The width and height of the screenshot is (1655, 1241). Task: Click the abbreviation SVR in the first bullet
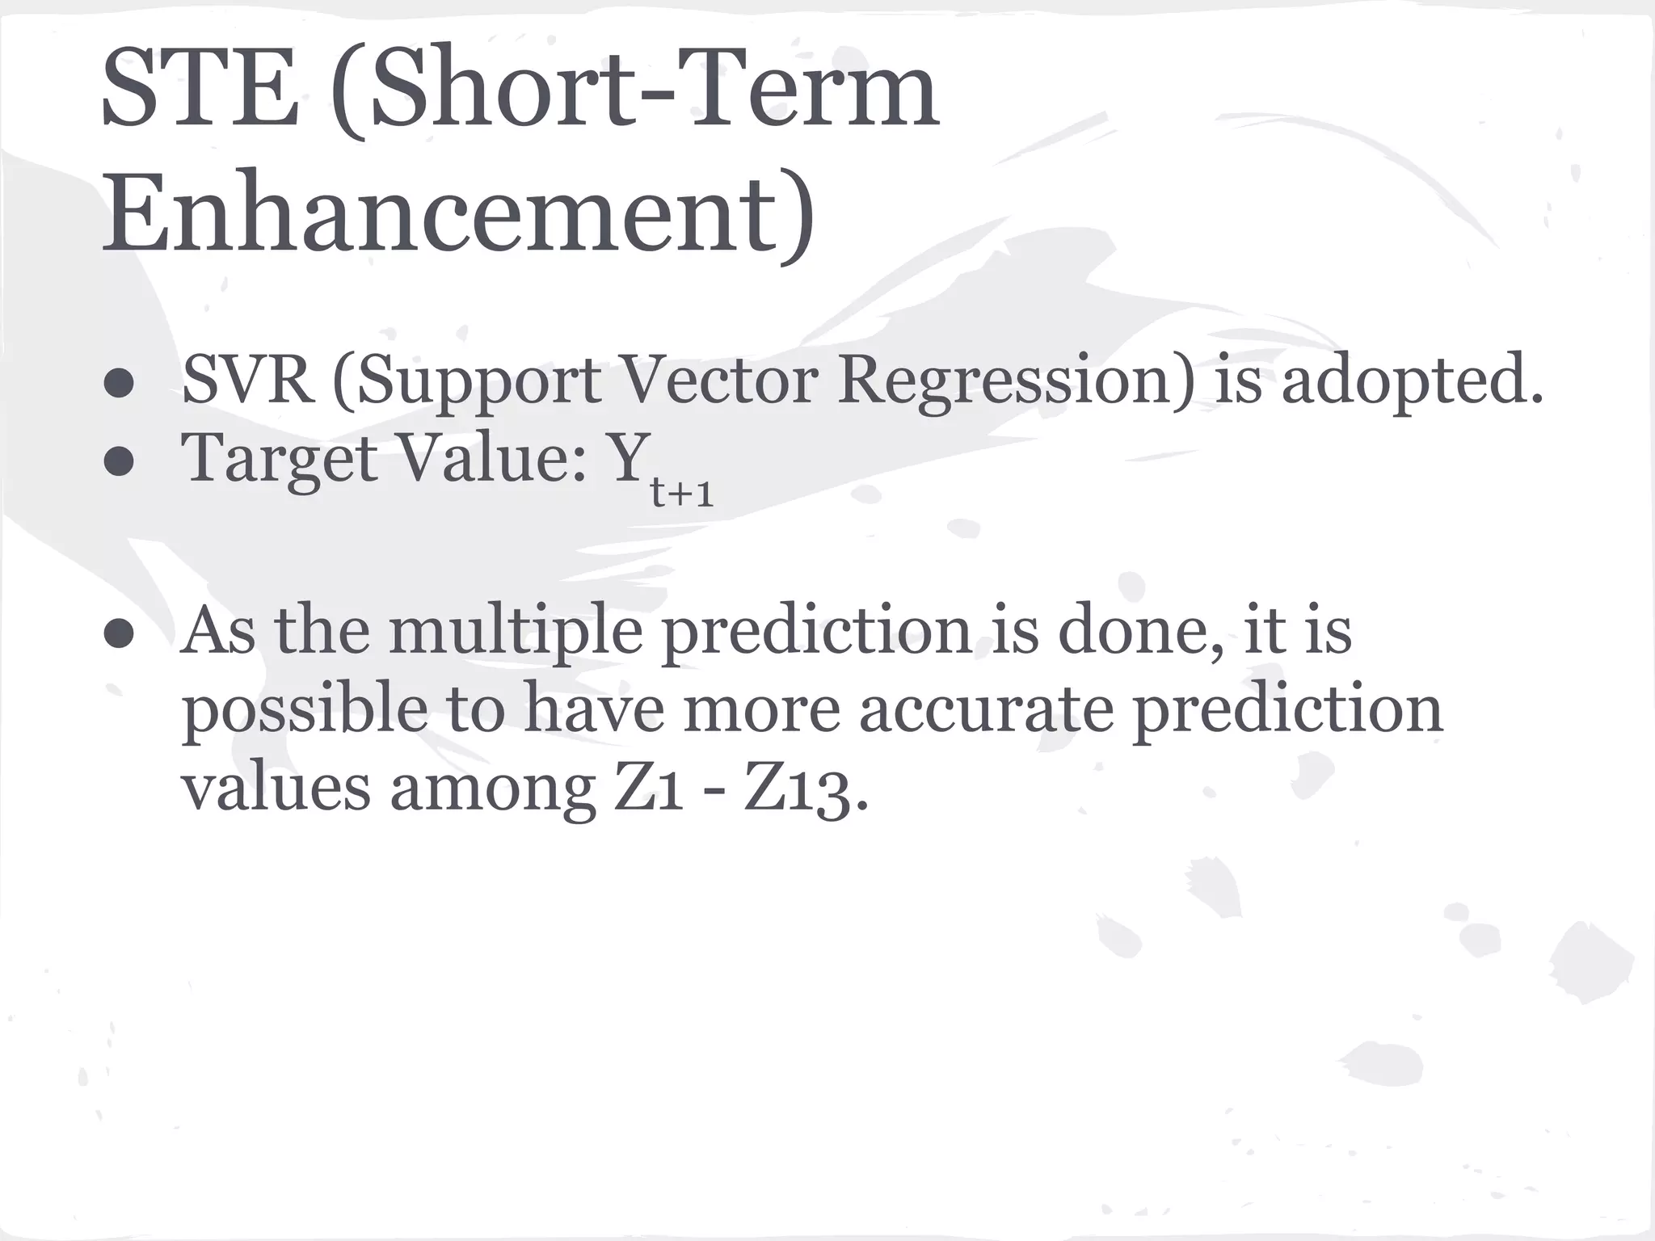[247, 380]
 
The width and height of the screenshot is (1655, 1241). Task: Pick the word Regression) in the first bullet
[1015, 380]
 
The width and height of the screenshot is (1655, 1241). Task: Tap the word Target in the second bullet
[280, 459]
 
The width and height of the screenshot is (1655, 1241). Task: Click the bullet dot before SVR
[119, 384]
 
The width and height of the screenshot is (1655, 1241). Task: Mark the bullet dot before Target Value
[119, 462]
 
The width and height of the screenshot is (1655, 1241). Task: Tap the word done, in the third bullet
[1139, 630]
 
